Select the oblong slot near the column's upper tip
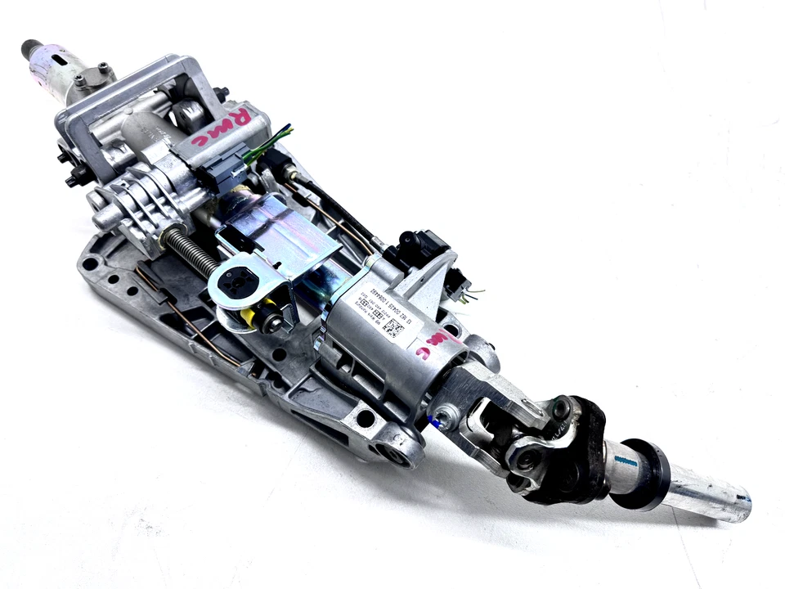pos(61,59)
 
